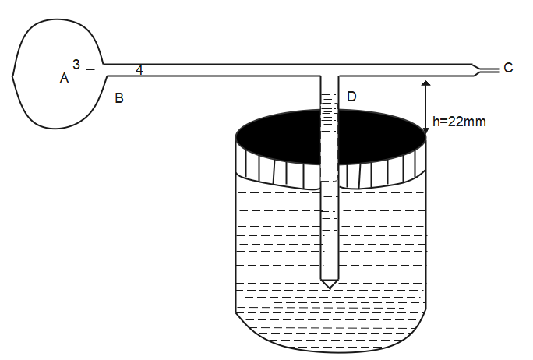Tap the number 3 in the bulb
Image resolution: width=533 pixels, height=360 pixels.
click(x=76, y=64)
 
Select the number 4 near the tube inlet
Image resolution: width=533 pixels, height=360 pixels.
click(x=139, y=70)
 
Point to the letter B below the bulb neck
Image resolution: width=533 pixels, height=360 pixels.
click(x=118, y=98)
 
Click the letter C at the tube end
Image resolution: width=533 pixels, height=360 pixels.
click(x=508, y=68)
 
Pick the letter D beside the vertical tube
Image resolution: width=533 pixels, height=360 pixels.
click(x=351, y=96)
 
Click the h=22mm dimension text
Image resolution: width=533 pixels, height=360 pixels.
click(x=459, y=122)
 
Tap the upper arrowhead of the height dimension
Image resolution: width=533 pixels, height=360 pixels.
click(x=425, y=81)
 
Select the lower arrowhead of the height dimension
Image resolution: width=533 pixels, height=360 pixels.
click(x=425, y=135)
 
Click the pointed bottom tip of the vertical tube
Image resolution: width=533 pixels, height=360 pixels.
click(x=330, y=287)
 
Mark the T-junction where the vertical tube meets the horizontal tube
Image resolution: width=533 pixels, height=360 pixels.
click(x=330, y=76)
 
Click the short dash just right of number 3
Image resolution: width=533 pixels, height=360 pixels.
click(x=90, y=70)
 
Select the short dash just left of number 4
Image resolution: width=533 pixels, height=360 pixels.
click(x=123, y=69)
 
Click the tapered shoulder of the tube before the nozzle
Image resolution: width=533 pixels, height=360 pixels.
click(x=475, y=69)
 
